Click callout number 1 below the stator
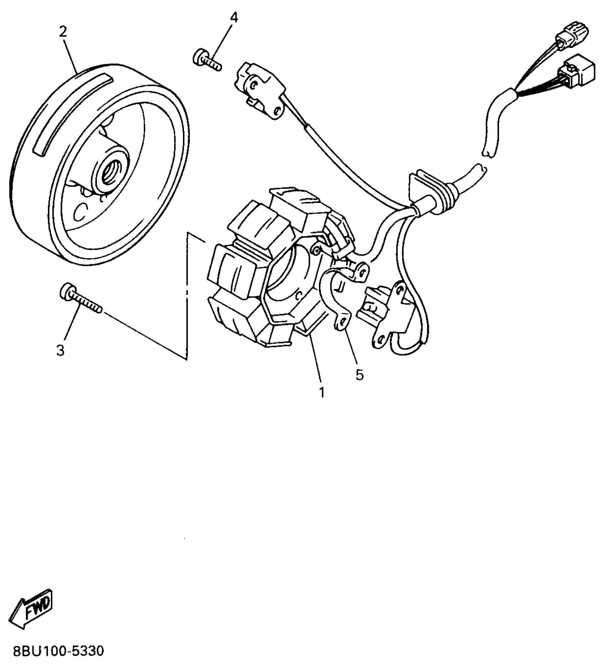(322, 393)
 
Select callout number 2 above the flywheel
(63, 32)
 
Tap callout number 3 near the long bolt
(60, 350)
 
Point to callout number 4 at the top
(234, 17)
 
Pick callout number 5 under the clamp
(359, 375)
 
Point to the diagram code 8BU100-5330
(59, 651)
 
